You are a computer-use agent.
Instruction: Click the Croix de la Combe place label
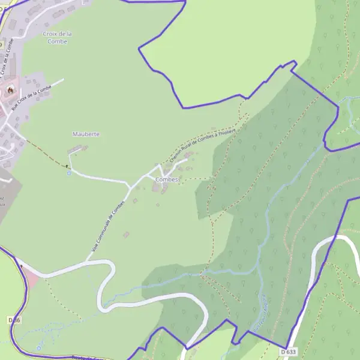[58, 37]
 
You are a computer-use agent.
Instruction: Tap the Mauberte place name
[86, 134]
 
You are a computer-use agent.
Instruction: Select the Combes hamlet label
[167, 179]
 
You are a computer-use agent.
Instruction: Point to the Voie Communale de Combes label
[108, 225]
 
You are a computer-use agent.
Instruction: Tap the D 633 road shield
[288, 352]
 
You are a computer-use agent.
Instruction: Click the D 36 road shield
[15, 320]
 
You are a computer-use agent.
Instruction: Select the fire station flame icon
[10, 89]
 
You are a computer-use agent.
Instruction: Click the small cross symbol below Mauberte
[67, 166]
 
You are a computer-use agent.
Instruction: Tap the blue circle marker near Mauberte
[68, 173]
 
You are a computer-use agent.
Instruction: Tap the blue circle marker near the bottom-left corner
[39, 347]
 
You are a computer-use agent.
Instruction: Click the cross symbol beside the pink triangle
[21, 266]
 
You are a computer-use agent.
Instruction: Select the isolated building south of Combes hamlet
[126, 235]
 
